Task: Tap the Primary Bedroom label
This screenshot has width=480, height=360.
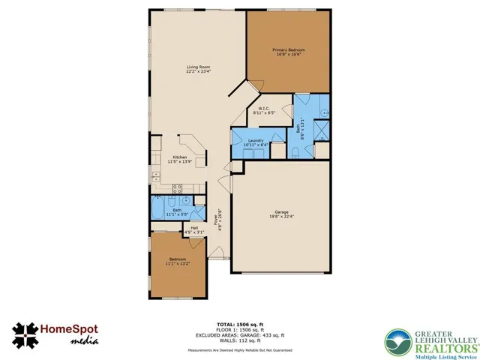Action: point(288,51)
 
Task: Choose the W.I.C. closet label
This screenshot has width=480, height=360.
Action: point(264,109)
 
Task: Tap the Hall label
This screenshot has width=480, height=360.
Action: point(193,227)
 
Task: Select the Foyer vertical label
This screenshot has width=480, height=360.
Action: point(217,221)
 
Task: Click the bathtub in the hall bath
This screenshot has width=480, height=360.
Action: point(160,206)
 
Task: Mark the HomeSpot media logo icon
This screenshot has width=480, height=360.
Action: point(26,334)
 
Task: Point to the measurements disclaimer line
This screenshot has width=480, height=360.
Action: point(241,349)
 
